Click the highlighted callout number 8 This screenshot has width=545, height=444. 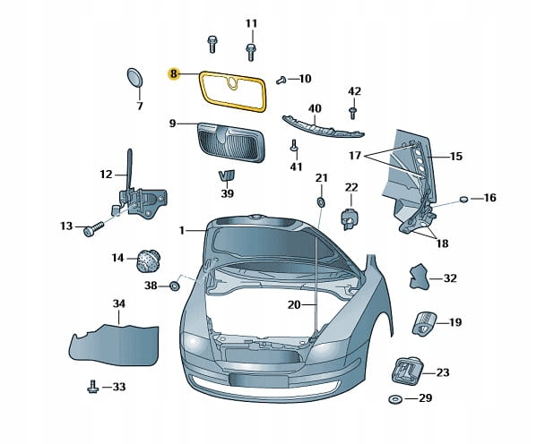point(174,74)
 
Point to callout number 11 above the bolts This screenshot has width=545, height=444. point(251,22)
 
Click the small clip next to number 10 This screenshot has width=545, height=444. point(281,80)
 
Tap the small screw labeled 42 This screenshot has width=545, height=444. point(354,112)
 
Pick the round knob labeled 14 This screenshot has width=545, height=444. point(146,260)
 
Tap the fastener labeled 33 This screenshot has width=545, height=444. point(91,387)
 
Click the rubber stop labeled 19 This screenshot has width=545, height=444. point(423,322)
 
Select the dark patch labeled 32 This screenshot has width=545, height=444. point(419,277)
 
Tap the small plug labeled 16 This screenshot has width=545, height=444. point(464,198)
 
